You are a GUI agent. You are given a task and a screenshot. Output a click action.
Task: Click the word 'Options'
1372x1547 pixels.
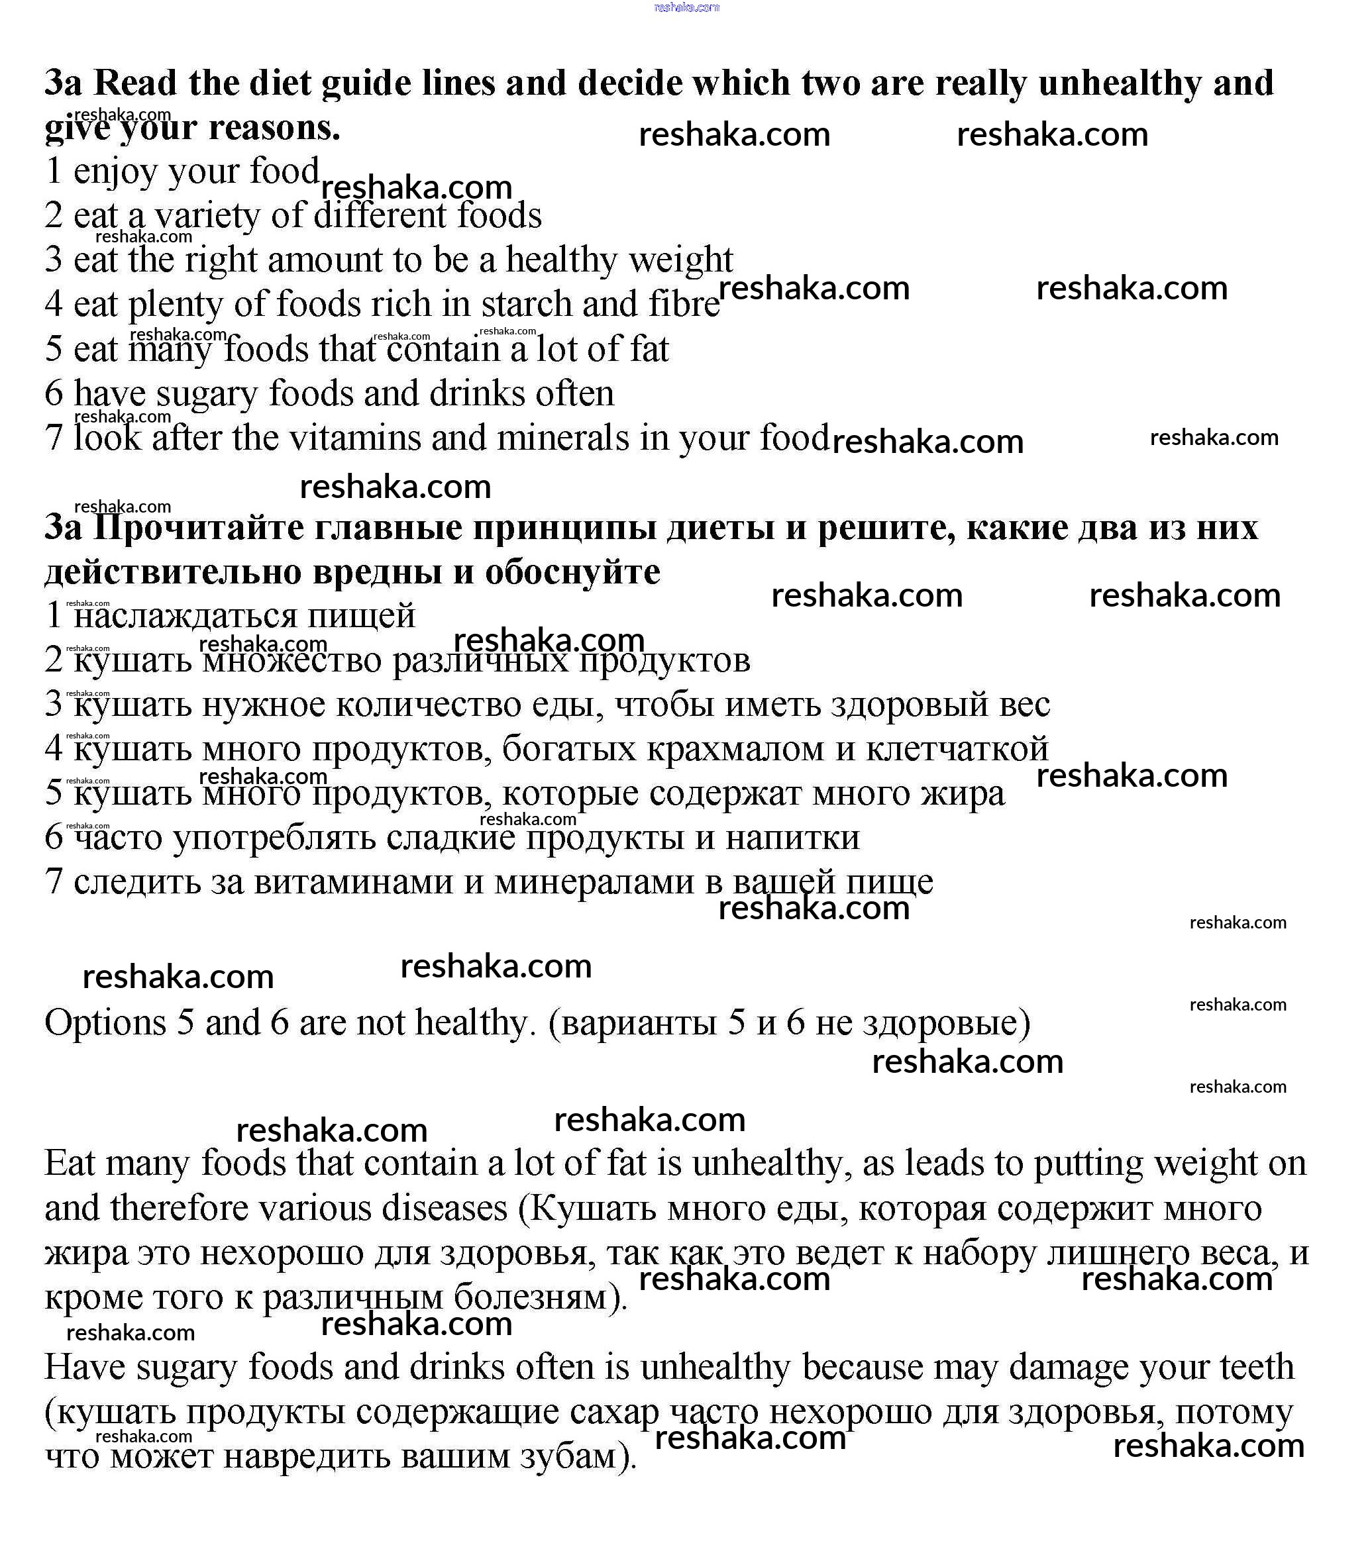tap(105, 1023)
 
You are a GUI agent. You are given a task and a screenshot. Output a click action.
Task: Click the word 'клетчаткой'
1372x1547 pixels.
tap(957, 749)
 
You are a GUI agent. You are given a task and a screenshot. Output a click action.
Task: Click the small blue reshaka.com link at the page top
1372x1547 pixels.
tap(686, 7)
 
